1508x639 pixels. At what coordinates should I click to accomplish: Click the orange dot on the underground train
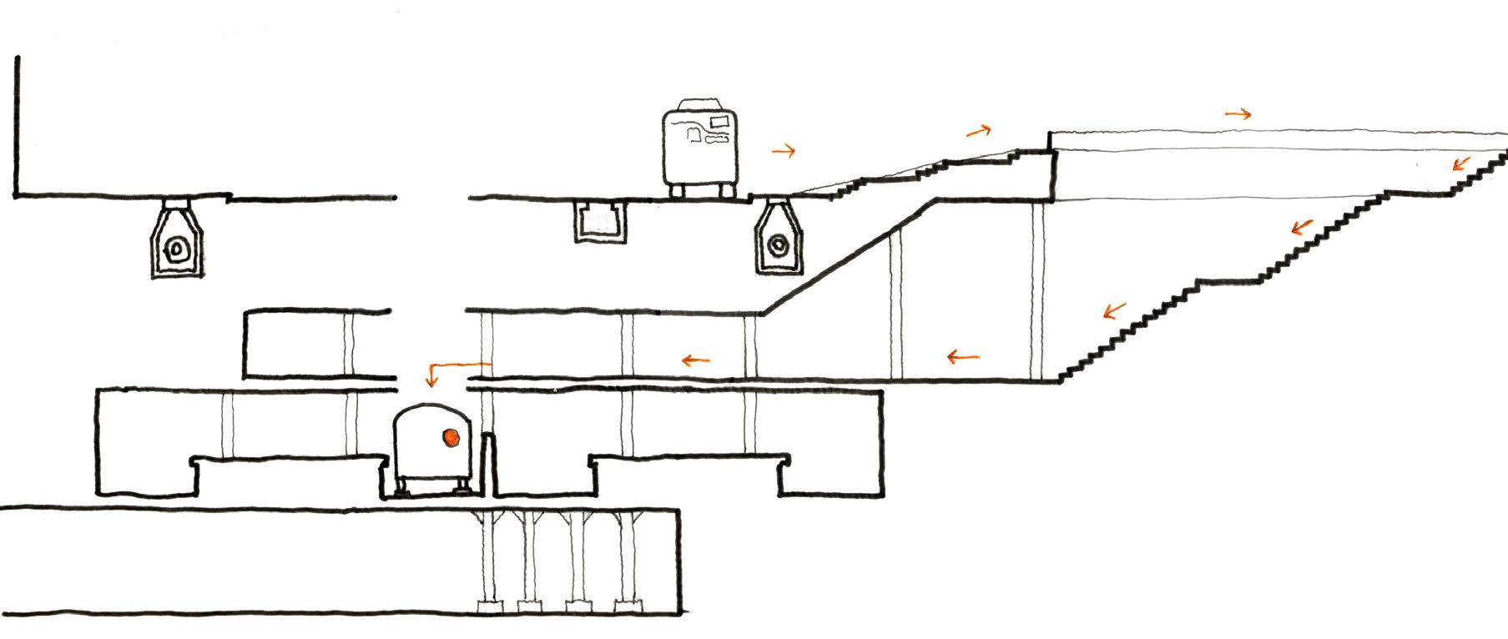[x=451, y=435]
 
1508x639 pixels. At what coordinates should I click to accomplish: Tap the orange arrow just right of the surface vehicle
[x=784, y=151]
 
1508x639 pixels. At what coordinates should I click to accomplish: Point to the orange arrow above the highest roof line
[x=1238, y=114]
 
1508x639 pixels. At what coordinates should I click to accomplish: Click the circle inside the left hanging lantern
[x=177, y=248]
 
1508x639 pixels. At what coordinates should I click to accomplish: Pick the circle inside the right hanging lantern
[x=779, y=244]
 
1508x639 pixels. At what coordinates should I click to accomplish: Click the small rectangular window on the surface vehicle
[x=719, y=124]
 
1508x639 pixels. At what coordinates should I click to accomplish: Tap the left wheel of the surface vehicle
[x=680, y=191]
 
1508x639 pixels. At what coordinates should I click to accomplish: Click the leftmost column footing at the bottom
[x=485, y=605]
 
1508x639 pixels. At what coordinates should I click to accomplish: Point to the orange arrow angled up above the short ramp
[x=980, y=130]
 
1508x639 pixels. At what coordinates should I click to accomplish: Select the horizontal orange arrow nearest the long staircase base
[x=963, y=358]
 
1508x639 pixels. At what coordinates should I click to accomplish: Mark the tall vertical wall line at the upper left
[x=17, y=125]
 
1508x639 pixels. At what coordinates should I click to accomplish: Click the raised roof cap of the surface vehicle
[x=701, y=105]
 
